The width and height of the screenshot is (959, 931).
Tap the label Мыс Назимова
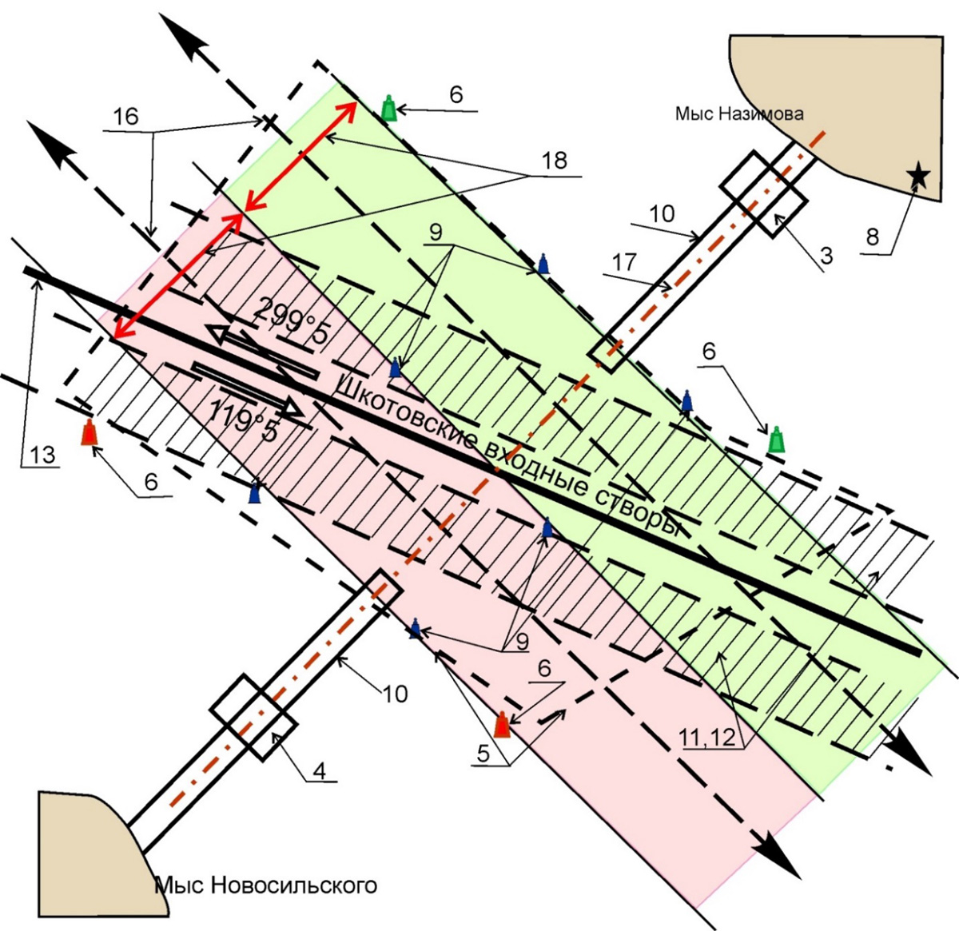coord(738,114)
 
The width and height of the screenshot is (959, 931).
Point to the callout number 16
coord(125,117)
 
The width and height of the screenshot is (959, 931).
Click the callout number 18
coord(554,161)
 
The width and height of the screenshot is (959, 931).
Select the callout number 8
coord(872,237)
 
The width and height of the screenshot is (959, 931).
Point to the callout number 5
coord(492,753)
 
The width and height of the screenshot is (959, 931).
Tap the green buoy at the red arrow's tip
coord(388,108)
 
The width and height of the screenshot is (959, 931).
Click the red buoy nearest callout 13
coord(90,432)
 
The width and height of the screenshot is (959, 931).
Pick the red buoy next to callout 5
coord(502,724)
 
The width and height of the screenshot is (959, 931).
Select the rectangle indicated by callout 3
coord(763,194)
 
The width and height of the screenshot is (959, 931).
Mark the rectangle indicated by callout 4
coord(253,717)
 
